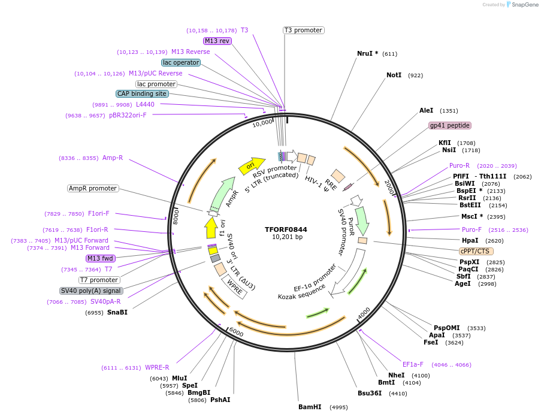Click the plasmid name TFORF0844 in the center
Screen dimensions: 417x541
click(x=286, y=229)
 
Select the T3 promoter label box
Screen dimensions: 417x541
click(x=303, y=30)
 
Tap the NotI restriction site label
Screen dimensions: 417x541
click(x=394, y=75)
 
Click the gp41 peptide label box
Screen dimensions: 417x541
click(x=450, y=125)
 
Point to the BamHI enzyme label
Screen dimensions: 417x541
click(x=310, y=407)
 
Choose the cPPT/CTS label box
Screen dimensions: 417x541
click(x=476, y=251)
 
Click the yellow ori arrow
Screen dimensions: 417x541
click(x=252, y=165)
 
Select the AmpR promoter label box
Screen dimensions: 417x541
click(x=93, y=188)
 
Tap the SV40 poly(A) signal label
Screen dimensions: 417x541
click(x=92, y=291)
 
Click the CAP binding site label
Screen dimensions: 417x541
click(x=142, y=93)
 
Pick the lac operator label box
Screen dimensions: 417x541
click(x=181, y=62)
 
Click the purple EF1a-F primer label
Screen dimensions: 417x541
click(x=413, y=364)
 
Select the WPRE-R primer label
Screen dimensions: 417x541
click(x=157, y=367)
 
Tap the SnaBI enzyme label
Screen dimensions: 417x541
click(x=117, y=312)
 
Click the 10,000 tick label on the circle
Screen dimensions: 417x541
click(x=262, y=123)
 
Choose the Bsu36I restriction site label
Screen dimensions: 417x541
click(x=369, y=394)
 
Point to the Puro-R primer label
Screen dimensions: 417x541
click(x=460, y=165)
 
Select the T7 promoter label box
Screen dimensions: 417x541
click(x=99, y=280)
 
